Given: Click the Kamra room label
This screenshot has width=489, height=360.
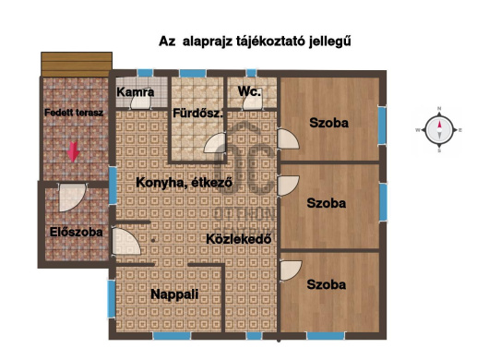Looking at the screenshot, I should tap(136, 93).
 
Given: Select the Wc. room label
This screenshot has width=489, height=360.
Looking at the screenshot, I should tap(248, 91).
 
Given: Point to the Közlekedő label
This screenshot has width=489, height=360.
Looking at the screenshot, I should tap(237, 238).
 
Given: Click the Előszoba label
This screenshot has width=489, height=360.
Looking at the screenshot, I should tap(76, 232).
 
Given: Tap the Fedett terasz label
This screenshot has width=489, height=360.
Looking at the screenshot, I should tap(73, 113).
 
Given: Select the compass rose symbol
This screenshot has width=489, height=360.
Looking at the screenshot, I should tap(440, 130).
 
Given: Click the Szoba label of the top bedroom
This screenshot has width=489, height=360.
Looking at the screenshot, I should tap(328, 123).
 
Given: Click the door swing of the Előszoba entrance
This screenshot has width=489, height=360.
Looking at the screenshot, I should tap(70, 197).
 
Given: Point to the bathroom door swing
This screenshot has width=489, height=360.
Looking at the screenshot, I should tap(217, 146).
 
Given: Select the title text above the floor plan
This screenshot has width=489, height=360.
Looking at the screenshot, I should tap(256, 42).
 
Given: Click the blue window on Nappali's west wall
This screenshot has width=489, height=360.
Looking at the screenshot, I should tap(111, 297).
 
